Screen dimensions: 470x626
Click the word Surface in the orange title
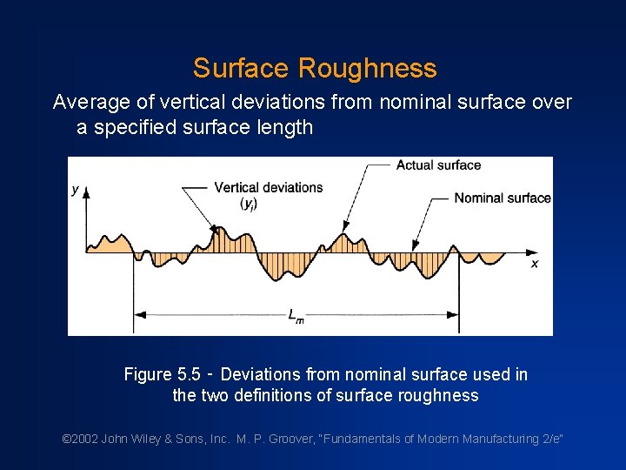click(x=241, y=68)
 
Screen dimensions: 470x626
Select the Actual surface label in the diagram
click(x=438, y=165)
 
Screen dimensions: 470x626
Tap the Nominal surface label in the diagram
click(x=502, y=198)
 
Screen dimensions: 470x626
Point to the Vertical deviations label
click(x=268, y=187)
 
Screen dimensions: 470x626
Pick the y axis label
click(x=77, y=190)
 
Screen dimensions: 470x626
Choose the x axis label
click(x=534, y=263)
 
